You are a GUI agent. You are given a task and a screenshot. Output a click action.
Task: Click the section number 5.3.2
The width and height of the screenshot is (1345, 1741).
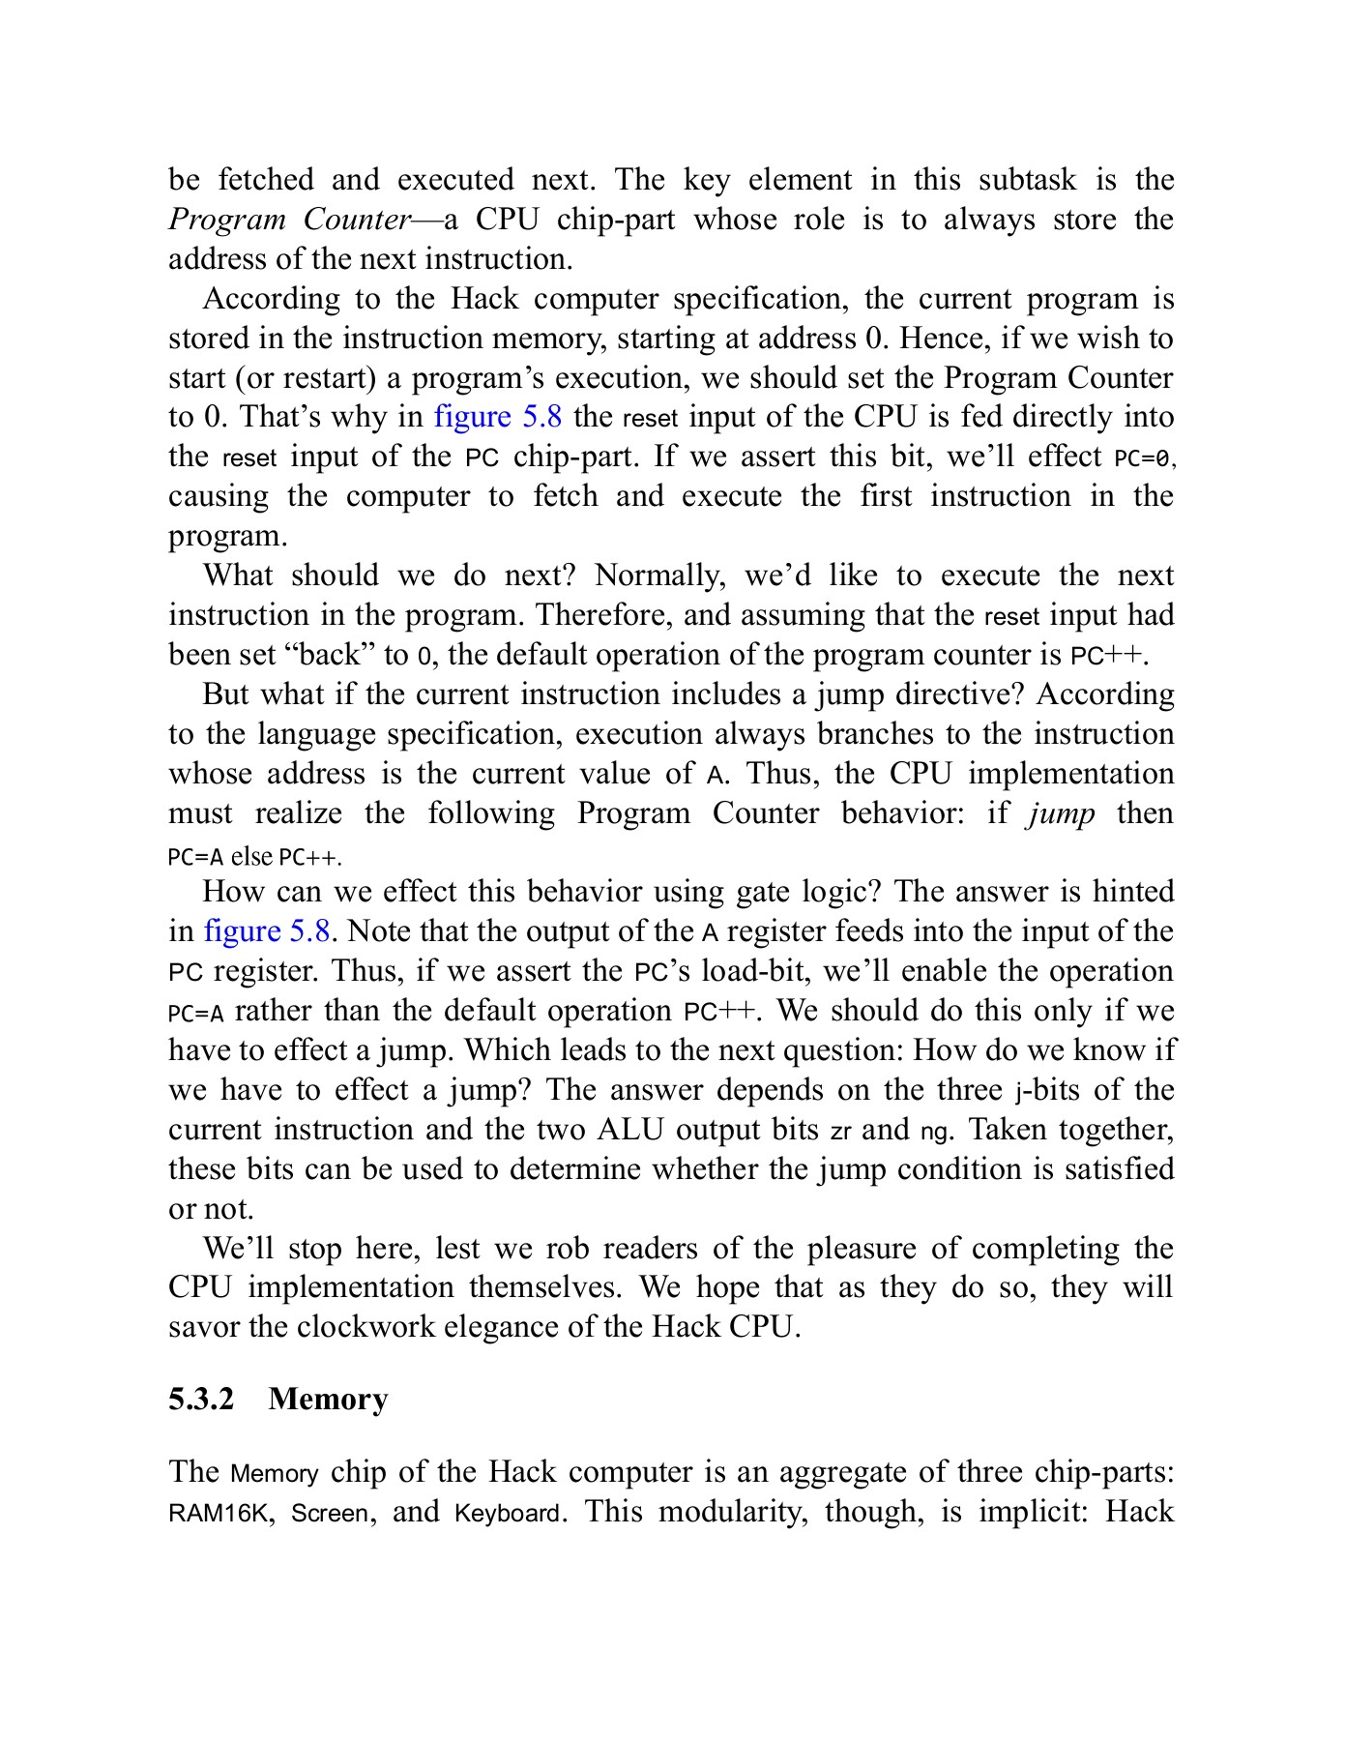coord(201,1399)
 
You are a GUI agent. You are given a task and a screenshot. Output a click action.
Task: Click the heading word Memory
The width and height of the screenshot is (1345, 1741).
coord(329,1399)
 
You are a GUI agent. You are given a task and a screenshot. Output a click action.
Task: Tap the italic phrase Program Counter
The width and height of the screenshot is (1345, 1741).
coord(290,220)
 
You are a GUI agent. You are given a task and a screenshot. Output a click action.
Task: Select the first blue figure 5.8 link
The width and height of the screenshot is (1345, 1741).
coord(498,417)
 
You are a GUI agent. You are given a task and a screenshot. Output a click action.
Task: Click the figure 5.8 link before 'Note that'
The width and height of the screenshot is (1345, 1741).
coord(267,931)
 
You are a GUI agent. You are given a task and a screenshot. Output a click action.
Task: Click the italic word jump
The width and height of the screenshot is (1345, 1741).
coord(1061,813)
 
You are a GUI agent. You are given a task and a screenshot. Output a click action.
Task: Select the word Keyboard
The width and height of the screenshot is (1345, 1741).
coord(507,1513)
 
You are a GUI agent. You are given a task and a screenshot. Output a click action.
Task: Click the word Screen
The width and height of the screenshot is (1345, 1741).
coord(329,1513)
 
